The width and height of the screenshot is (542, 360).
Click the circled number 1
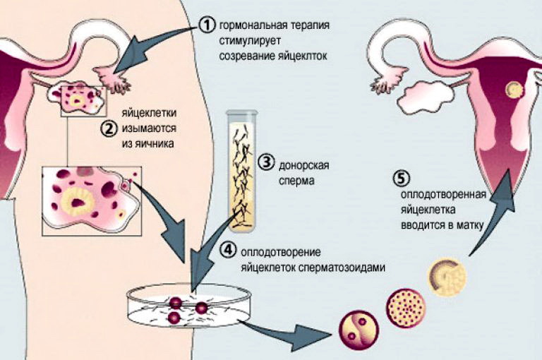point(207,25)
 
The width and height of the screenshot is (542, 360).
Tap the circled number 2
point(108,128)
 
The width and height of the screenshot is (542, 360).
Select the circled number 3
point(267,162)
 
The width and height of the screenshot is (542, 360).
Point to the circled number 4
point(228,251)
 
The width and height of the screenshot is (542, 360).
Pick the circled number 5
point(402,179)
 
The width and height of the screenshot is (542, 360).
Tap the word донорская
point(304,165)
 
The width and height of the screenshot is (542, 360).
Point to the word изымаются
point(149,128)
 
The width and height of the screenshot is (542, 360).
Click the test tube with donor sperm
point(242,172)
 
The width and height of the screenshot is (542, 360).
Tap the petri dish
point(188,305)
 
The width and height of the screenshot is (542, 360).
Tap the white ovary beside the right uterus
point(424,97)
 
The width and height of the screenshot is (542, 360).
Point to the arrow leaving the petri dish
point(287,335)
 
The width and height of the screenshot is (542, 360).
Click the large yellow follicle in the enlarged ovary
point(77,203)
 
